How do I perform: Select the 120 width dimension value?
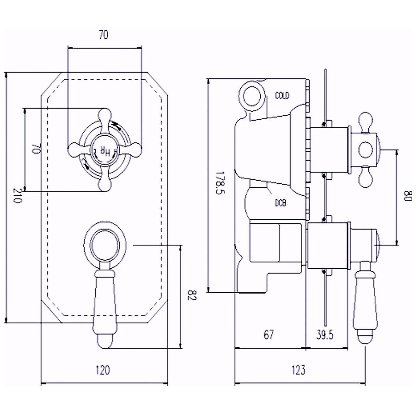click(x=103, y=370)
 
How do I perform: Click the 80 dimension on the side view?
click(x=407, y=196)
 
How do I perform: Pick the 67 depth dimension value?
click(x=269, y=334)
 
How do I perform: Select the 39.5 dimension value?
click(x=325, y=334)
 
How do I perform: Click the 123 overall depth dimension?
click(x=298, y=370)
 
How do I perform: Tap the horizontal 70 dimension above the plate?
click(x=103, y=35)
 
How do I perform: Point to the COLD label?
click(x=282, y=95)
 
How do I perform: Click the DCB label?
click(x=280, y=203)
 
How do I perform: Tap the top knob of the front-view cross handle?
click(x=105, y=114)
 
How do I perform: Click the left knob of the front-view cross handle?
click(x=73, y=149)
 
